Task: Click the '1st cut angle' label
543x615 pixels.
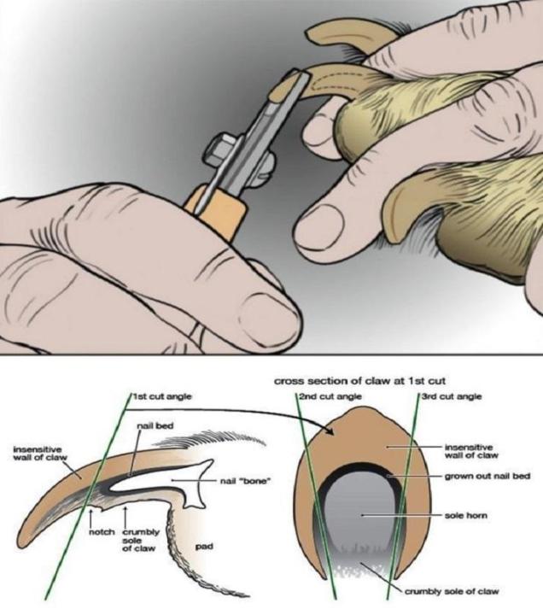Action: [162, 396]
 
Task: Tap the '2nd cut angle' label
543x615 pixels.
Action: [330, 396]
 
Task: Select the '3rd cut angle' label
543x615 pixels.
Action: [452, 396]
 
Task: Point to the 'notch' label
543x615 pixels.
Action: [102, 532]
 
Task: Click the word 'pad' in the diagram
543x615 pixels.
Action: [204, 546]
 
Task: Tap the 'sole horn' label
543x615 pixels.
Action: [466, 515]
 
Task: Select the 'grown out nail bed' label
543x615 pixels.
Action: [488, 476]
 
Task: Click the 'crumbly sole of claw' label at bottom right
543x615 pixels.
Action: [452, 591]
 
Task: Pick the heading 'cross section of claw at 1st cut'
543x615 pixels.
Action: [359, 381]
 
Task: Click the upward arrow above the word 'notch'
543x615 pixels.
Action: [91, 517]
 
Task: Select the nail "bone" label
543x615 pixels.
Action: [244, 480]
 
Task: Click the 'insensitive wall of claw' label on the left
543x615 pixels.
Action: [40, 453]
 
